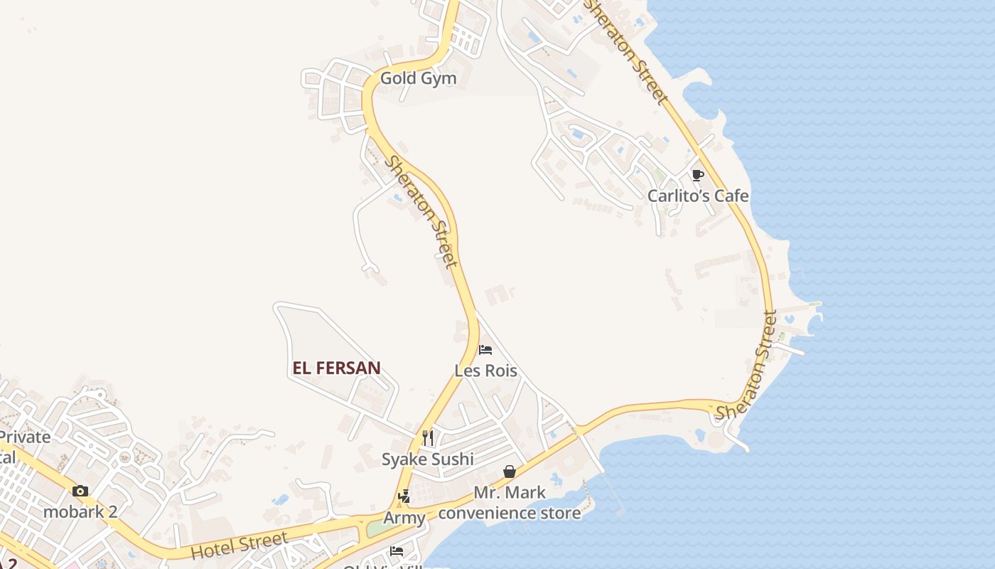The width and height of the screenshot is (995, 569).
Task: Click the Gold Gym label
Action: click(418, 78)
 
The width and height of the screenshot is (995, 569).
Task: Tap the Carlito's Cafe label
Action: click(698, 196)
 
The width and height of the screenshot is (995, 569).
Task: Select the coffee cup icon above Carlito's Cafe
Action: click(698, 175)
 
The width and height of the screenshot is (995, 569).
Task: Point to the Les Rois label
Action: click(486, 371)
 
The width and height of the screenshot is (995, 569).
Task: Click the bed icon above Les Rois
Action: click(486, 350)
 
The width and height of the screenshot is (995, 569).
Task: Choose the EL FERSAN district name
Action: click(337, 368)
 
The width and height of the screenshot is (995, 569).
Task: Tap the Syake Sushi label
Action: click(428, 459)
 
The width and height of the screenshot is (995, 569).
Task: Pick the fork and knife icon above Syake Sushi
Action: click(428, 437)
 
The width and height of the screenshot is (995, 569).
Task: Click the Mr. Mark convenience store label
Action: click(510, 502)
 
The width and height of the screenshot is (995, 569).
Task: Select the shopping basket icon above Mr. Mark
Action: click(510, 472)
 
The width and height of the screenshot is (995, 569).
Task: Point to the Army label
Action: click(404, 518)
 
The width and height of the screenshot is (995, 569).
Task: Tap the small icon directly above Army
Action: click(404, 496)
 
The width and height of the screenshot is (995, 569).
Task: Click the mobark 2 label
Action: click(80, 511)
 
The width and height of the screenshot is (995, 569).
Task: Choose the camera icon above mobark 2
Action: click(80, 491)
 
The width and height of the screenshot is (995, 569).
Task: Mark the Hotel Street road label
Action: click(240, 545)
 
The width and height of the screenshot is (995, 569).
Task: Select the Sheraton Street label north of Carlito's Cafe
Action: click(627, 51)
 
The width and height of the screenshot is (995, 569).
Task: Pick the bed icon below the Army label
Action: click(397, 551)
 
